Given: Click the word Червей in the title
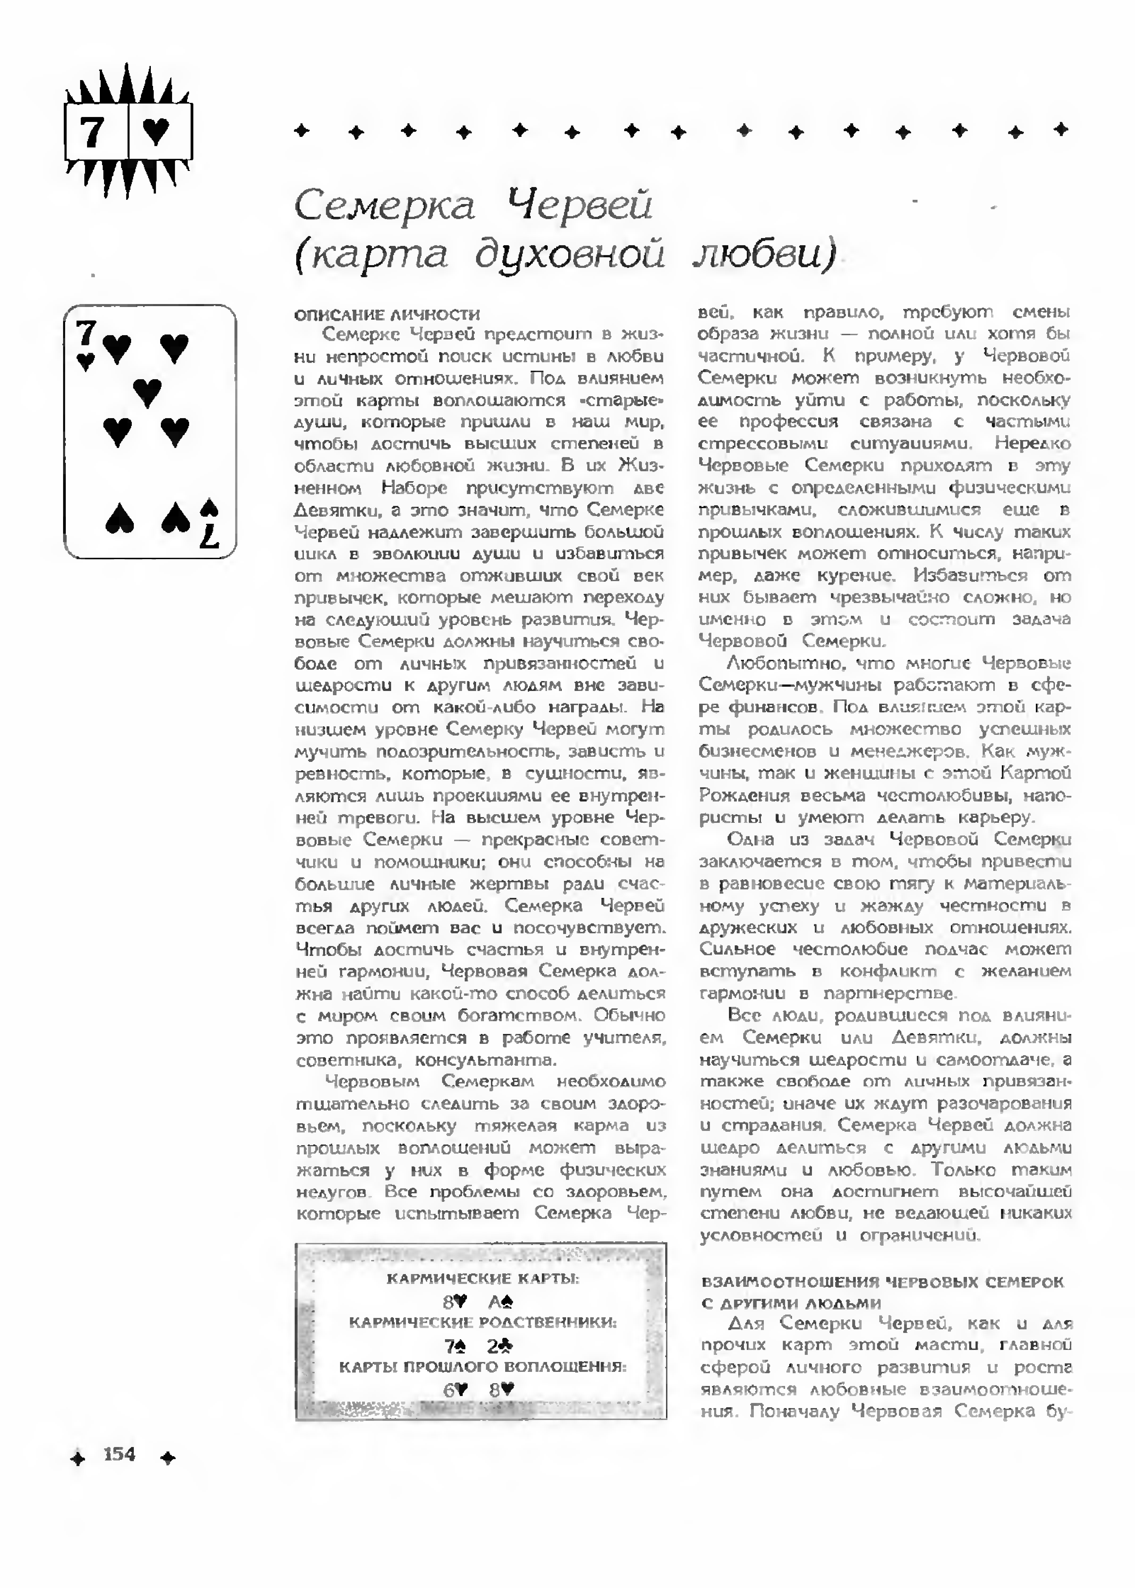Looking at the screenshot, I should tap(579, 205).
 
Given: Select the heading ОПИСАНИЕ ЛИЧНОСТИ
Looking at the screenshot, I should tap(386, 315).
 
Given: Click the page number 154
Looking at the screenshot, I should tap(120, 1455).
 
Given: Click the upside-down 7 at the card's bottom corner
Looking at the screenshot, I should tap(210, 535).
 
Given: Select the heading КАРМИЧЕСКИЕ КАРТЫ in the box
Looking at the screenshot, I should tap(482, 1279).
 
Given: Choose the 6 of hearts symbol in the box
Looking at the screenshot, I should tap(454, 1390).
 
